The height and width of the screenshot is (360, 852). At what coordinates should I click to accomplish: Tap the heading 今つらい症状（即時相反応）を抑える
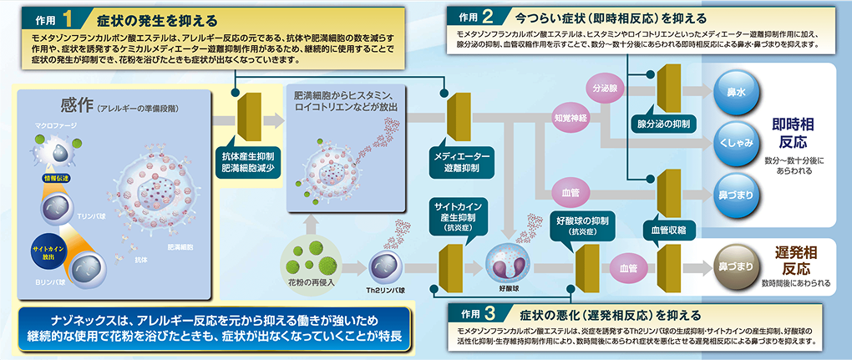click(611, 18)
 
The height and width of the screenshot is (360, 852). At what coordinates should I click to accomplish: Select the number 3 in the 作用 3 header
click(490, 313)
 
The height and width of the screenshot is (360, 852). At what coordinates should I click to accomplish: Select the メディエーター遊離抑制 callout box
click(464, 161)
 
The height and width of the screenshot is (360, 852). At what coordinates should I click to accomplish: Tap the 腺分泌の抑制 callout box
click(663, 124)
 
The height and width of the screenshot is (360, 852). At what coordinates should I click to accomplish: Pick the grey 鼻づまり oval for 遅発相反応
click(734, 266)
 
